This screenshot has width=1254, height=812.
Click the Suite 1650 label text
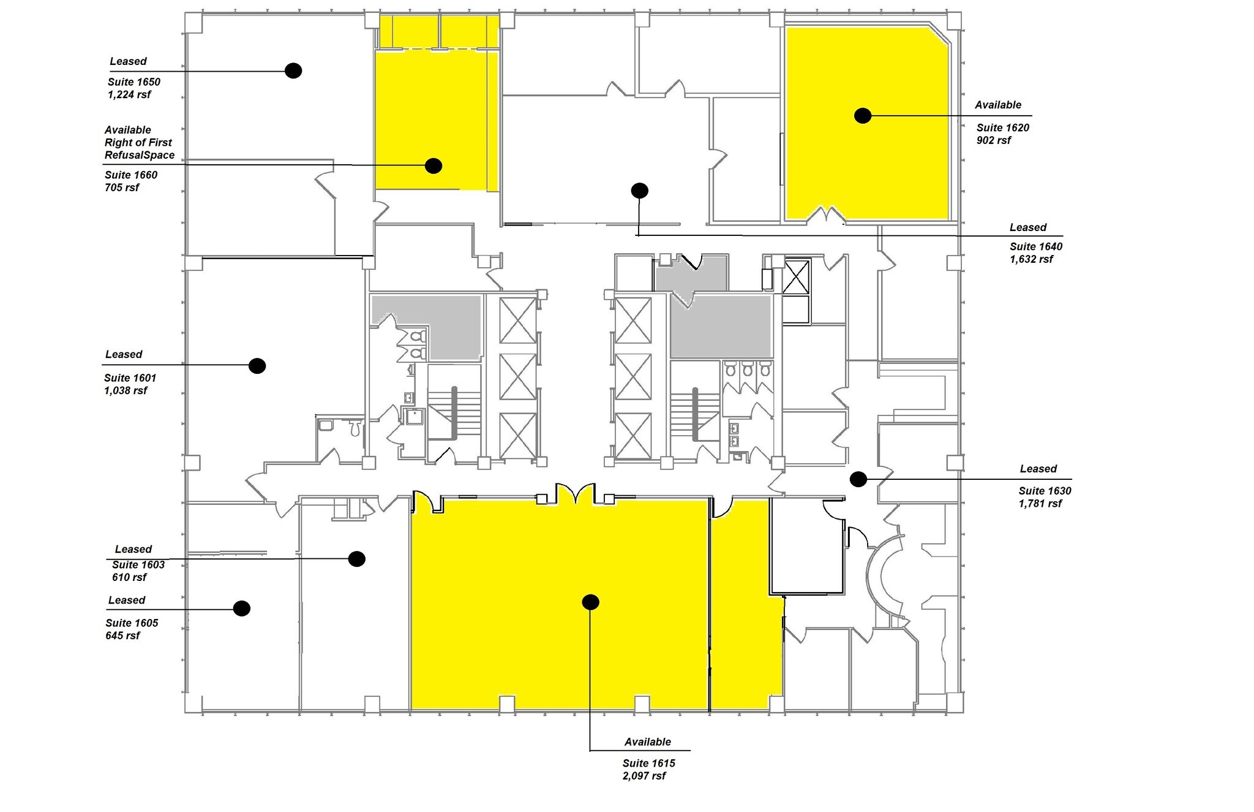tap(134, 82)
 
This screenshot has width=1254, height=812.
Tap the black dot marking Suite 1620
tap(863, 115)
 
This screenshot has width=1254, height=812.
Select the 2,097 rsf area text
tap(644, 776)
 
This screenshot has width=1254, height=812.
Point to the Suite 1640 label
tap(1036, 246)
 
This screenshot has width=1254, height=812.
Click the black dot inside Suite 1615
tap(590, 602)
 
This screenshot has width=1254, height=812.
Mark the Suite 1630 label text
tap(1045, 491)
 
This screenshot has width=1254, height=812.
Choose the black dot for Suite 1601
tap(257, 366)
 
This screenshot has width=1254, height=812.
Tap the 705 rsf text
tap(122, 188)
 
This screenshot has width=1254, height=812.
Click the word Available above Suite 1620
tap(998, 105)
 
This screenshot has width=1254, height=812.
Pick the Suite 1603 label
tap(138, 564)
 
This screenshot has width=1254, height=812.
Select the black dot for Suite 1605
tap(242, 609)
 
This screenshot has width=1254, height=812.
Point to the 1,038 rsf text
tap(126, 390)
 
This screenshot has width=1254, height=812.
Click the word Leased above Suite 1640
tap(1028, 227)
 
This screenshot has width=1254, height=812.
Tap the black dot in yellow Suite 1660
tap(434, 165)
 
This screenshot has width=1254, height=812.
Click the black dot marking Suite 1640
tap(639, 191)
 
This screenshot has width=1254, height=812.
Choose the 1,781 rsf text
tap(1040, 504)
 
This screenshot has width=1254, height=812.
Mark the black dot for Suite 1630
tap(858, 479)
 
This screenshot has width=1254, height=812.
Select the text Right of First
tap(138, 142)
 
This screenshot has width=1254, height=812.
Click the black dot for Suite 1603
tap(357, 559)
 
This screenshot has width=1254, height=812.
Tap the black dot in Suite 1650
tap(293, 70)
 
